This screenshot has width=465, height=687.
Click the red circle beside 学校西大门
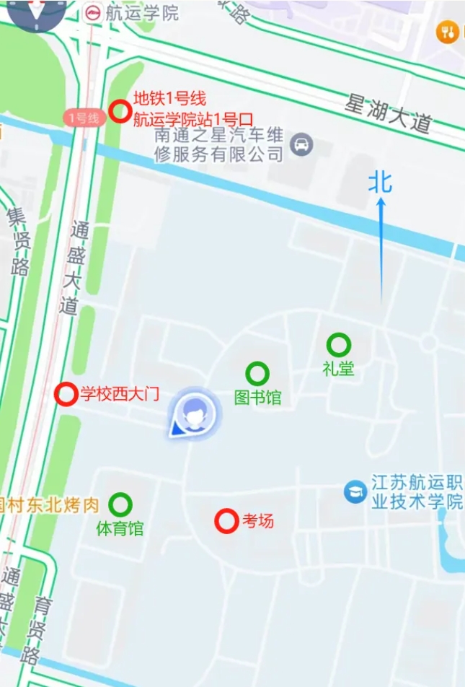[x=66, y=394]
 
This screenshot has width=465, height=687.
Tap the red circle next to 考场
[x=226, y=520]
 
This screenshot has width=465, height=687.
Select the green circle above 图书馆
[x=257, y=373]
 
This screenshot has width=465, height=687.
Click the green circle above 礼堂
[x=338, y=345]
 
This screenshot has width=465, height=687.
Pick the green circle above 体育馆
[x=120, y=504]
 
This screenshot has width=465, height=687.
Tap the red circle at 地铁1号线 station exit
[x=120, y=111]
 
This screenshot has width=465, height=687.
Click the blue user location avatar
[x=193, y=413]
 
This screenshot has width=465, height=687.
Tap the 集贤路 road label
[x=18, y=241]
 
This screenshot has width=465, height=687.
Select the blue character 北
[x=380, y=183]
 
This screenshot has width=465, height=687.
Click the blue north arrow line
[x=381, y=249]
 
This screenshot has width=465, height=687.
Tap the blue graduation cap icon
[x=355, y=492]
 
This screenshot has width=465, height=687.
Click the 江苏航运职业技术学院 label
[x=417, y=491]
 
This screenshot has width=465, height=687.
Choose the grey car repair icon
[x=301, y=145]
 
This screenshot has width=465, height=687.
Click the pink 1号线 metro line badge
[x=84, y=118]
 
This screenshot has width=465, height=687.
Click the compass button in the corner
[x=35, y=12]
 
